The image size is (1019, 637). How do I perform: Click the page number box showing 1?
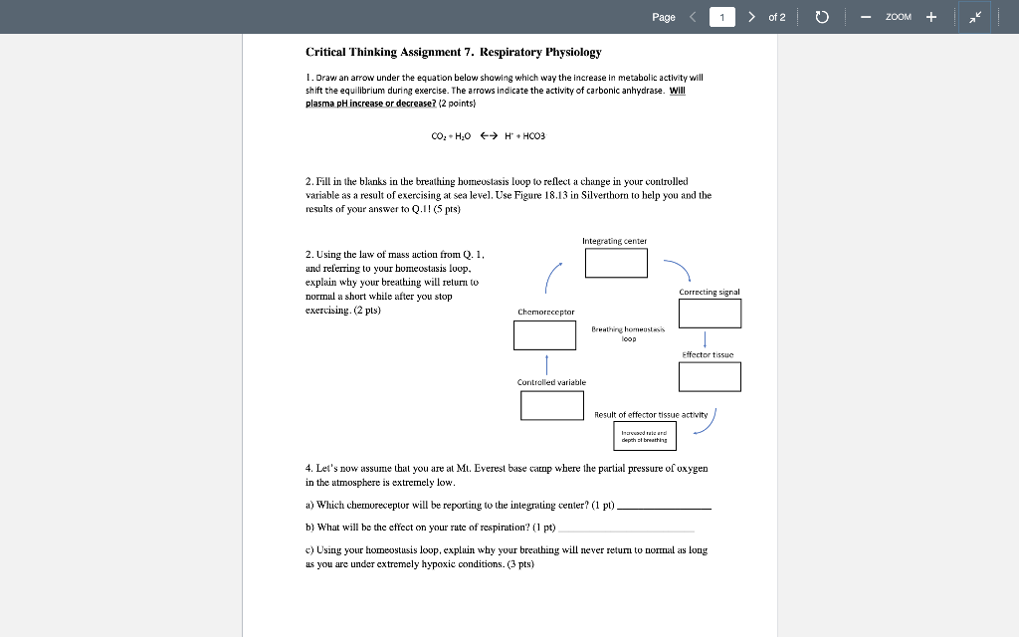[721, 17]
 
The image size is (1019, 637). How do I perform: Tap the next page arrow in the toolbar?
[751, 17]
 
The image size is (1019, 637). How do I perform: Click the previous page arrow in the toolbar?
[692, 17]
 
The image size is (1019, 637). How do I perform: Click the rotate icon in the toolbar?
[822, 17]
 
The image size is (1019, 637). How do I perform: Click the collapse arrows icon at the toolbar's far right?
[974, 17]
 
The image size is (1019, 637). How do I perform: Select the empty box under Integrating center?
[616, 263]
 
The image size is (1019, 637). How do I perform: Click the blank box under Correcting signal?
[710, 314]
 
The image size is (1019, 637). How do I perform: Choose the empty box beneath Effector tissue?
[710, 376]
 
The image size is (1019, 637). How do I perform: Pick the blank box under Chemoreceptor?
[544, 334]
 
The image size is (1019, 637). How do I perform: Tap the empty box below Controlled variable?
[551, 405]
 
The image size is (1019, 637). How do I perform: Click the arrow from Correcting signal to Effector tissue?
[705, 340]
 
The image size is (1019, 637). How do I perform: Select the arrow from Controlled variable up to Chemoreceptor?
[546, 363]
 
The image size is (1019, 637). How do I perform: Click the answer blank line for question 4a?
[664, 508]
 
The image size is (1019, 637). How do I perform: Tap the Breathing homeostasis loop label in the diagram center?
[628, 333]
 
